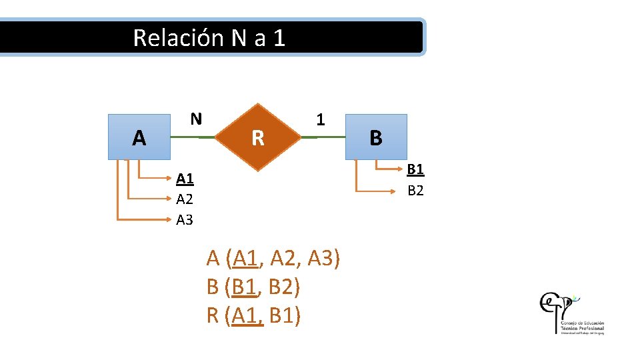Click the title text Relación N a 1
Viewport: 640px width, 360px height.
209,37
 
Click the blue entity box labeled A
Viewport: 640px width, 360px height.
139,137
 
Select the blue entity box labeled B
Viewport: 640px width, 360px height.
375,137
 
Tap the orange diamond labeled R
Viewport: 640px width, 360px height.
257,137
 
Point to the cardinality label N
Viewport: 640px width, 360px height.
195,119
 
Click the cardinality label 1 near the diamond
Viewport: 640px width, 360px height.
321,120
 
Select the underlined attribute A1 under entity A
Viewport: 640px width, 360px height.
185,179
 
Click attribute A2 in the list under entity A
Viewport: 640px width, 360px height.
185,199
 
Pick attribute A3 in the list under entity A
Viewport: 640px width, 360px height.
185,219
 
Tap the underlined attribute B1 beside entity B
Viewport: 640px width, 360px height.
415,169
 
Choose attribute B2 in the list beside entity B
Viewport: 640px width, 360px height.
415,190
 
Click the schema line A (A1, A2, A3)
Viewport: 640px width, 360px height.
274,257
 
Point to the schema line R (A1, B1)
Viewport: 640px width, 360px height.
254,315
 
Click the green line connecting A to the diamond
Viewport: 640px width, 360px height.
193,137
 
